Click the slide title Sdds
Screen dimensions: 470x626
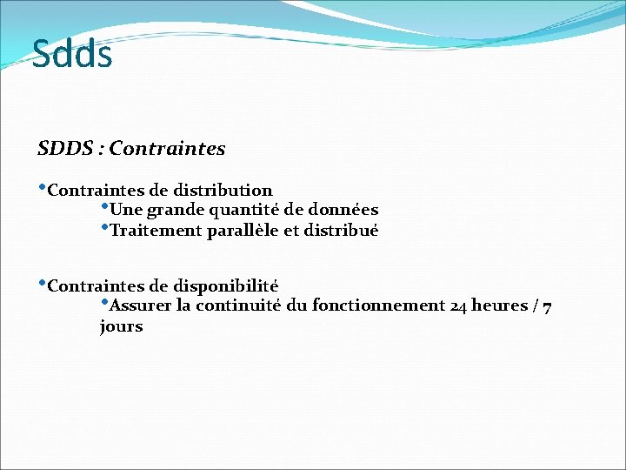[72, 54]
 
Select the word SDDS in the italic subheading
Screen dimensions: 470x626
[65, 149]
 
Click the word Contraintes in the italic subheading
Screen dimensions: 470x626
[167, 149]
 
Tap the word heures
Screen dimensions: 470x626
[500, 305]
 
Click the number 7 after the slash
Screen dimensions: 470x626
[546, 306]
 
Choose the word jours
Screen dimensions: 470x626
[121, 327]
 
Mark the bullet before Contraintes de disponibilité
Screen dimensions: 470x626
[42, 282]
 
